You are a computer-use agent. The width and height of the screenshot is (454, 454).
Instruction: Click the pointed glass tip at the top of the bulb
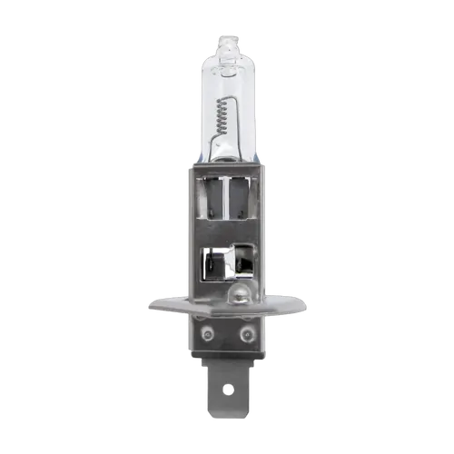point(228,35)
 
